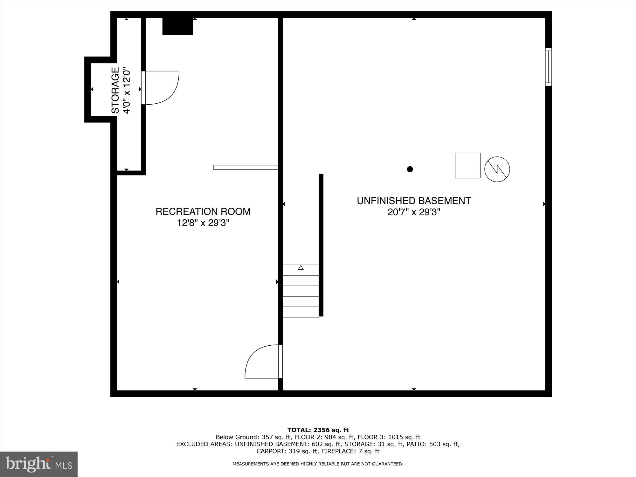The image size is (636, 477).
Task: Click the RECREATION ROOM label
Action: [203, 211]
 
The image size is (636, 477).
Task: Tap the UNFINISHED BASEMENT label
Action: [413, 201]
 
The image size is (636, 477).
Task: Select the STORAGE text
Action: [115, 90]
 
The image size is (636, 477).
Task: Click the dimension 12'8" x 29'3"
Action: [203, 223]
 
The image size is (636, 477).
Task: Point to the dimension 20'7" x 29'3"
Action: [413, 212]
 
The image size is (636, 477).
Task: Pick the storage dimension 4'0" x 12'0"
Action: [127, 90]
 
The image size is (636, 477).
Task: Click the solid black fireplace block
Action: [177, 26]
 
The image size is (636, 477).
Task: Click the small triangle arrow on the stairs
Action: [301, 267]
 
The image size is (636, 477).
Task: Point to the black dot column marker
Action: [410, 169]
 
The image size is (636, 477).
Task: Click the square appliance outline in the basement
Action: [467, 165]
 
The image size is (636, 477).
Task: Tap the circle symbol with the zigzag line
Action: [497, 169]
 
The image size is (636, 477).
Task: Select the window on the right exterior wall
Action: [548, 67]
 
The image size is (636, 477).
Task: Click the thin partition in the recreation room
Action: [245, 167]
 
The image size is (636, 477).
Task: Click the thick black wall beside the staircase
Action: [321, 245]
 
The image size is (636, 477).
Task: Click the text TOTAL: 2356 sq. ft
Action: [318, 430]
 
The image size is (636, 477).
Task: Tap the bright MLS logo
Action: [39, 464]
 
